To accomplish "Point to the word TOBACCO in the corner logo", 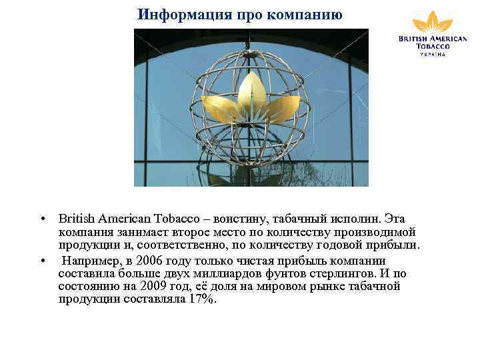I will point(433,46).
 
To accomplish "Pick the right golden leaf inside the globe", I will point(284,107).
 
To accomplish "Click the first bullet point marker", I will point(41,219).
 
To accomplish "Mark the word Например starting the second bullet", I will point(92,261).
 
